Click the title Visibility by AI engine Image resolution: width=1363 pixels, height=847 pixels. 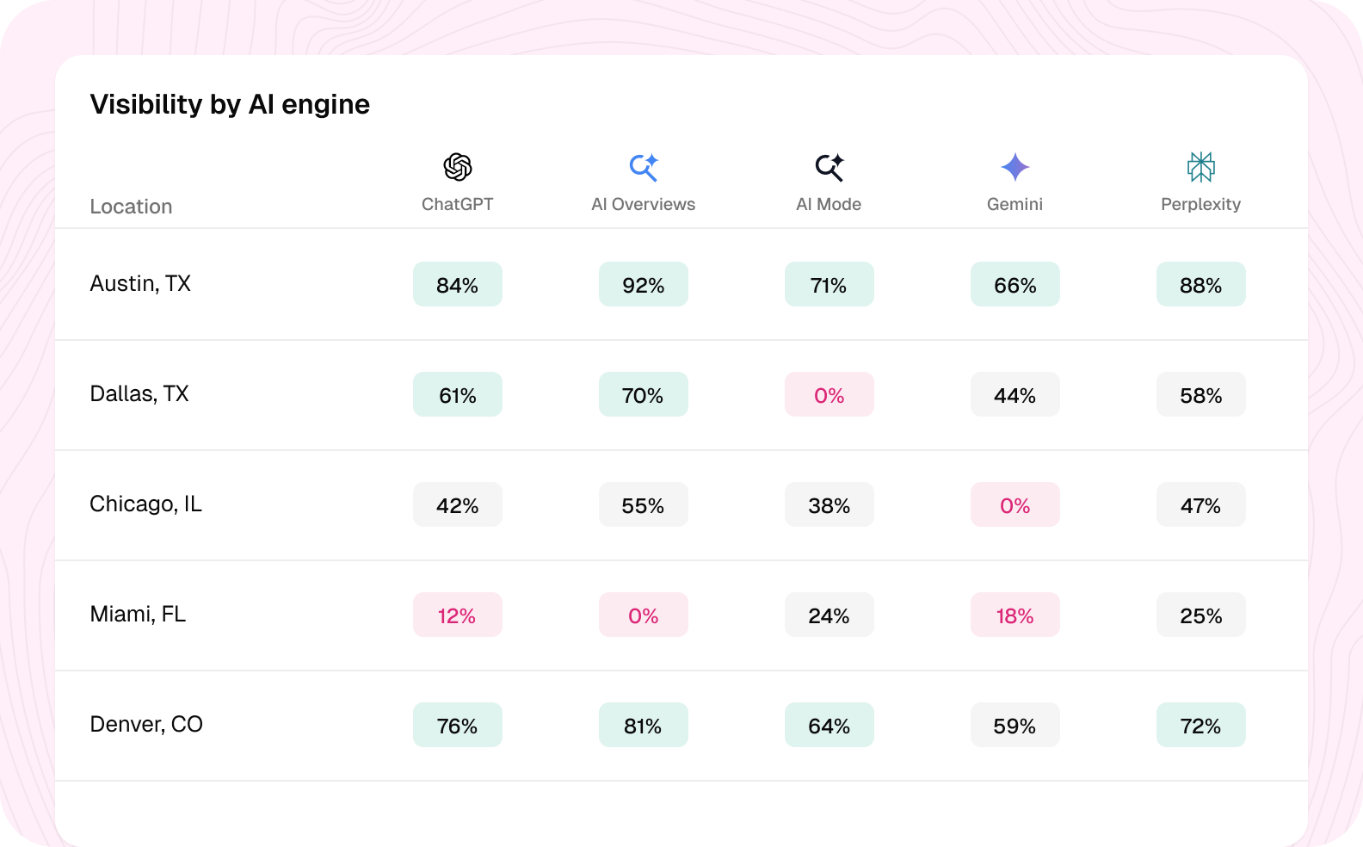(230, 104)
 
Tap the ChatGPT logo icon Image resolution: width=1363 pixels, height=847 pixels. (458, 167)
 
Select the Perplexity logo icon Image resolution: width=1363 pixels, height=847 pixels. (1200, 167)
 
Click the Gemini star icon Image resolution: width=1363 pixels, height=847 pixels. (1015, 167)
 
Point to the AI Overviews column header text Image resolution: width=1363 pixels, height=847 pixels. (643, 204)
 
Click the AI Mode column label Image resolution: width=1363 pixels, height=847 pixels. (829, 204)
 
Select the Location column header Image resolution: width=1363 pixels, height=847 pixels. (131, 207)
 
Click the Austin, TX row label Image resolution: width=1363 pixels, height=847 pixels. (140, 283)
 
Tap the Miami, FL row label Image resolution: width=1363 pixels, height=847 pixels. (138, 614)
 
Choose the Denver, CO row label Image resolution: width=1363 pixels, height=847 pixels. (146, 724)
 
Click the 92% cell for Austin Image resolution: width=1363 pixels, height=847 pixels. (643, 284)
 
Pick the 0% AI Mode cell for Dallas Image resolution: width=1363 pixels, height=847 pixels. (829, 394)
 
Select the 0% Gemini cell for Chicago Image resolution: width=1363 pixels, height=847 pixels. (1015, 504)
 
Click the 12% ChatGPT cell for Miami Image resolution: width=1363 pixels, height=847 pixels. (458, 615)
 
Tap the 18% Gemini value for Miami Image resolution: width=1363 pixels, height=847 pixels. (1015, 615)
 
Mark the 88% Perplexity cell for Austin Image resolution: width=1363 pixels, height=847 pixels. (1200, 284)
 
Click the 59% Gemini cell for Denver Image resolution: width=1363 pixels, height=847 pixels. (1015, 725)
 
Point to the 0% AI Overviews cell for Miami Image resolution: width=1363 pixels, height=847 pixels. (643, 615)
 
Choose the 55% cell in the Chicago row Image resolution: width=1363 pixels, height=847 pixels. (643, 504)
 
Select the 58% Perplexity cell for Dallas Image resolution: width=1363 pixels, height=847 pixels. (1200, 394)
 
